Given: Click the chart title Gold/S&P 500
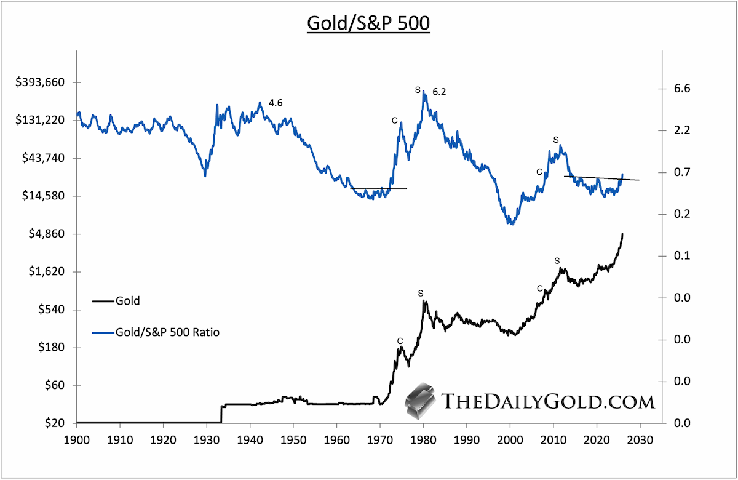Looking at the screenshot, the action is (x=368, y=23).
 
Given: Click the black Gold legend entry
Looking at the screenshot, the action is (x=116, y=301).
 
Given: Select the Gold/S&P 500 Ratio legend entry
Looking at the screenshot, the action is (x=156, y=332).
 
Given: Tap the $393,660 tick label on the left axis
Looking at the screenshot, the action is (x=40, y=82).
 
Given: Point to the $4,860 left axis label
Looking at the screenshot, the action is (x=47, y=234).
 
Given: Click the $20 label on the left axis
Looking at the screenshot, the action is (x=55, y=423).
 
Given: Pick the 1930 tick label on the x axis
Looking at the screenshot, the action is (x=207, y=440).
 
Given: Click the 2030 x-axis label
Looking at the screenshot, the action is (x=640, y=440).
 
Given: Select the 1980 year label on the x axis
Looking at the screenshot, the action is (x=423, y=440).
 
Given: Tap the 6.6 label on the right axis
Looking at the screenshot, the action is (x=682, y=89).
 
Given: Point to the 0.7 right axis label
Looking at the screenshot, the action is (x=682, y=172).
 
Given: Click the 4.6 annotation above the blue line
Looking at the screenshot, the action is (x=276, y=103).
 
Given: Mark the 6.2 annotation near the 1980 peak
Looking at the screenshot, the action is (x=439, y=92).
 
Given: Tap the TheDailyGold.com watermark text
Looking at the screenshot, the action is (x=547, y=401).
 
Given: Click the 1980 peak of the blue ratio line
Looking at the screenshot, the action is (x=423, y=91).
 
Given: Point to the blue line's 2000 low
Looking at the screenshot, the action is (x=511, y=223).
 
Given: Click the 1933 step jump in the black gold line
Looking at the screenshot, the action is (x=221, y=414).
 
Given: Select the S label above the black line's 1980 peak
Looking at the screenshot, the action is (x=421, y=294).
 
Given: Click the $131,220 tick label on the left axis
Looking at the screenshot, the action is (x=40, y=120).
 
